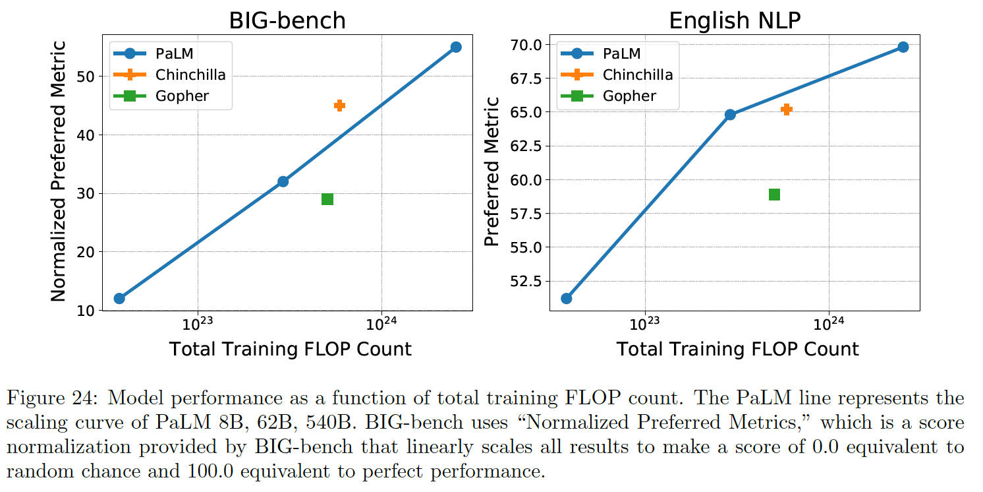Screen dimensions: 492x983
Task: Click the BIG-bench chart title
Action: [287, 20]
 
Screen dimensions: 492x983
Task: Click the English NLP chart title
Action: [735, 20]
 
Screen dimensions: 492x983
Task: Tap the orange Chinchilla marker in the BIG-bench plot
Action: [339, 106]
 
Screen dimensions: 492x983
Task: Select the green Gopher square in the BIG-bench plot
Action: [327, 199]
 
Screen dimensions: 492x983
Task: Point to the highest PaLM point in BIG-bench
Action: [456, 47]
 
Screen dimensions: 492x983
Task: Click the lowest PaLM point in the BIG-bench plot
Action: [119, 298]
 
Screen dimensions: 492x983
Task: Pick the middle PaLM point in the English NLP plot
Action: [730, 114]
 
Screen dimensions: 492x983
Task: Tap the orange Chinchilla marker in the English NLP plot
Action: [786, 109]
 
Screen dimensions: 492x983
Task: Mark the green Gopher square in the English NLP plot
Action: [775, 194]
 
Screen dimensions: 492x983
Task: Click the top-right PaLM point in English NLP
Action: [903, 47]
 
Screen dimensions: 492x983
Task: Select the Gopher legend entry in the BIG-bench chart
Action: [182, 96]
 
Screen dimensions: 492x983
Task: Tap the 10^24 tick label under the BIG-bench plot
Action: [381, 324]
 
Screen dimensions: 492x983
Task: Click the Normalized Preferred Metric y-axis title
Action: [59, 171]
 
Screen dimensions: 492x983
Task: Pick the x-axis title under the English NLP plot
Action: [737, 350]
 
